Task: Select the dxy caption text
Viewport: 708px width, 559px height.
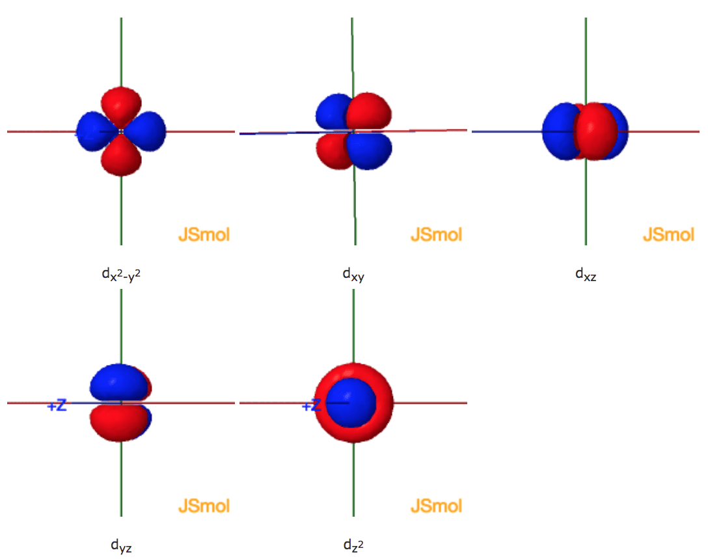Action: [x=353, y=275]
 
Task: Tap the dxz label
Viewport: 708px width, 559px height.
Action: [x=586, y=274]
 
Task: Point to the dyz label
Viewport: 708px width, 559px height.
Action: [x=121, y=545]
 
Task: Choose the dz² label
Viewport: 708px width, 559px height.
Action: [x=353, y=545]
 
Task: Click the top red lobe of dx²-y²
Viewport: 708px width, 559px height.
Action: [x=121, y=107]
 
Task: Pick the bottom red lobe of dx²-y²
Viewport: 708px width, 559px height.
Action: [x=121, y=156]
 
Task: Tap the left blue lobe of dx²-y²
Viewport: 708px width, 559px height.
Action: [x=96, y=131]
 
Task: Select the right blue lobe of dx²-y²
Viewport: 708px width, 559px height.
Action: [x=145, y=131]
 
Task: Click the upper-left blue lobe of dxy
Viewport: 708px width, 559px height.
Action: [x=333, y=111]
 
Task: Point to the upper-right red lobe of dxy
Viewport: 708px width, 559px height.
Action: [x=369, y=111]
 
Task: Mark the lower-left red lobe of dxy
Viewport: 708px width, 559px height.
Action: [x=334, y=151]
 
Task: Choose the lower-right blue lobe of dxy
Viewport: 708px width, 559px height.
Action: [x=370, y=152]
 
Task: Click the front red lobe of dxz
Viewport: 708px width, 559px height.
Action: [x=595, y=131]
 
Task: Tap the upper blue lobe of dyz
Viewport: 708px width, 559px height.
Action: [x=119, y=382]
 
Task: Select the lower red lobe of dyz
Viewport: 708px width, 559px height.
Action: [x=119, y=422]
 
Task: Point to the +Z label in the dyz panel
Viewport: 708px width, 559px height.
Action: [x=57, y=405]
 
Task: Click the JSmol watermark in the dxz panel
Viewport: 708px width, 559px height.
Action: [x=669, y=234]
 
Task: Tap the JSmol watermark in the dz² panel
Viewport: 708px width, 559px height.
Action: [x=436, y=506]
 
